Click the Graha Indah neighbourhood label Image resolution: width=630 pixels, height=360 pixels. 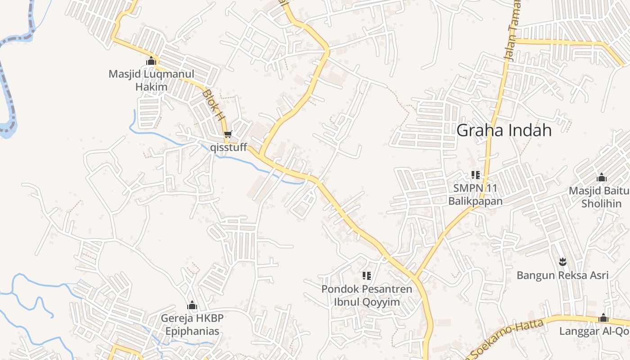coord(504,130)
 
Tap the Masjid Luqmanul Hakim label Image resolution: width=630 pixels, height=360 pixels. coord(151,80)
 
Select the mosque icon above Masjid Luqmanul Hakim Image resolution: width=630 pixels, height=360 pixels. coord(151,61)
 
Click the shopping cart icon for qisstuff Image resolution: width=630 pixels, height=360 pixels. coord(228,134)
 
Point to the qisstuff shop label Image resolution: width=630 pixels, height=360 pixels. coord(229,147)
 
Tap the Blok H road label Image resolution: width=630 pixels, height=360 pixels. coord(213,105)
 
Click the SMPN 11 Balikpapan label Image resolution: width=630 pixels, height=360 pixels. coord(475,194)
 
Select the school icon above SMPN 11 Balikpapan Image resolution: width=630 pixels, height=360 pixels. coord(476,175)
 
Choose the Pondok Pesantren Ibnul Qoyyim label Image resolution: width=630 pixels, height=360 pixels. coord(367,295)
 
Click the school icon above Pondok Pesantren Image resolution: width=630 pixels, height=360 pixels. coord(367,275)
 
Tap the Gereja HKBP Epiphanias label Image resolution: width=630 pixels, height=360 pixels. coord(192,325)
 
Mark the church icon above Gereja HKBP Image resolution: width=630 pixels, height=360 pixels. coord(192,306)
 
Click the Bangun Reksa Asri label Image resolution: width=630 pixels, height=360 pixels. coord(562,275)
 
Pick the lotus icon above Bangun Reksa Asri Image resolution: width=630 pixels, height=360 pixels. coord(562,261)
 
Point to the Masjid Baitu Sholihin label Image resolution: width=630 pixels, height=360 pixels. coord(598,197)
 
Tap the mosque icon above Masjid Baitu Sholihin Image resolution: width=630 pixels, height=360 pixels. coord(601,177)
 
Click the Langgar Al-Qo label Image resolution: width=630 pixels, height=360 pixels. coord(594,331)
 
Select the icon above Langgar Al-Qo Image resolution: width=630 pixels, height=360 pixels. coord(603,318)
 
